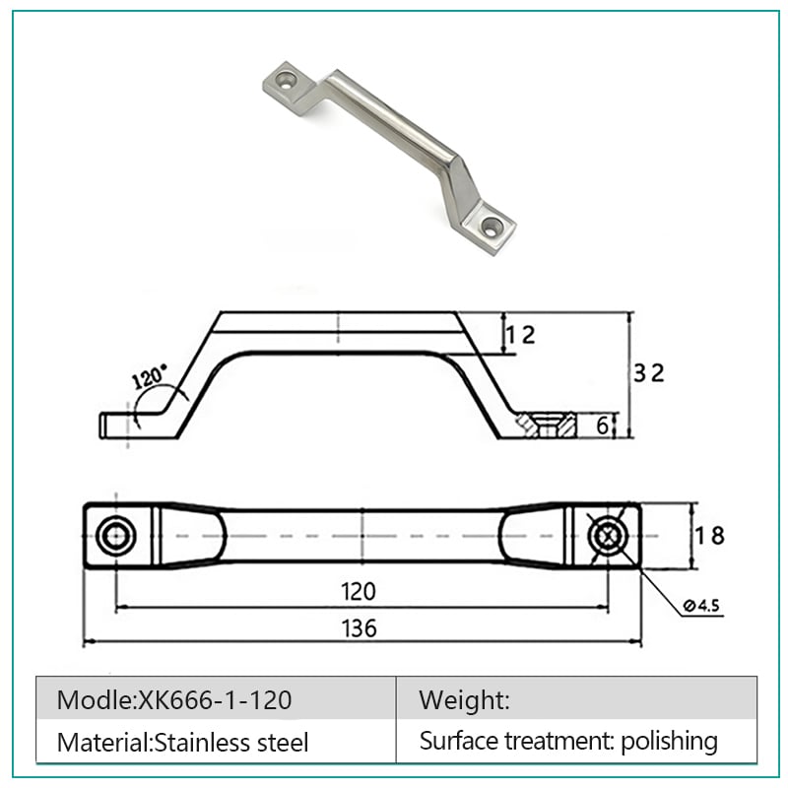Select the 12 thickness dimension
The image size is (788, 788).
(520, 335)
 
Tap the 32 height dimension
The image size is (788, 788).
(648, 373)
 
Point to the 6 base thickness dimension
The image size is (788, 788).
(602, 426)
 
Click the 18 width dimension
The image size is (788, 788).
(709, 536)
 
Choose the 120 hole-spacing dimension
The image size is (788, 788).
(359, 592)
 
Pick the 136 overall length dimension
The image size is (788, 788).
(359, 628)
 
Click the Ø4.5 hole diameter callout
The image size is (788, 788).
(701, 606)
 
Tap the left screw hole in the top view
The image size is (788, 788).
(115, 536)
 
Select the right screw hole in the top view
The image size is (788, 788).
(608, 536)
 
